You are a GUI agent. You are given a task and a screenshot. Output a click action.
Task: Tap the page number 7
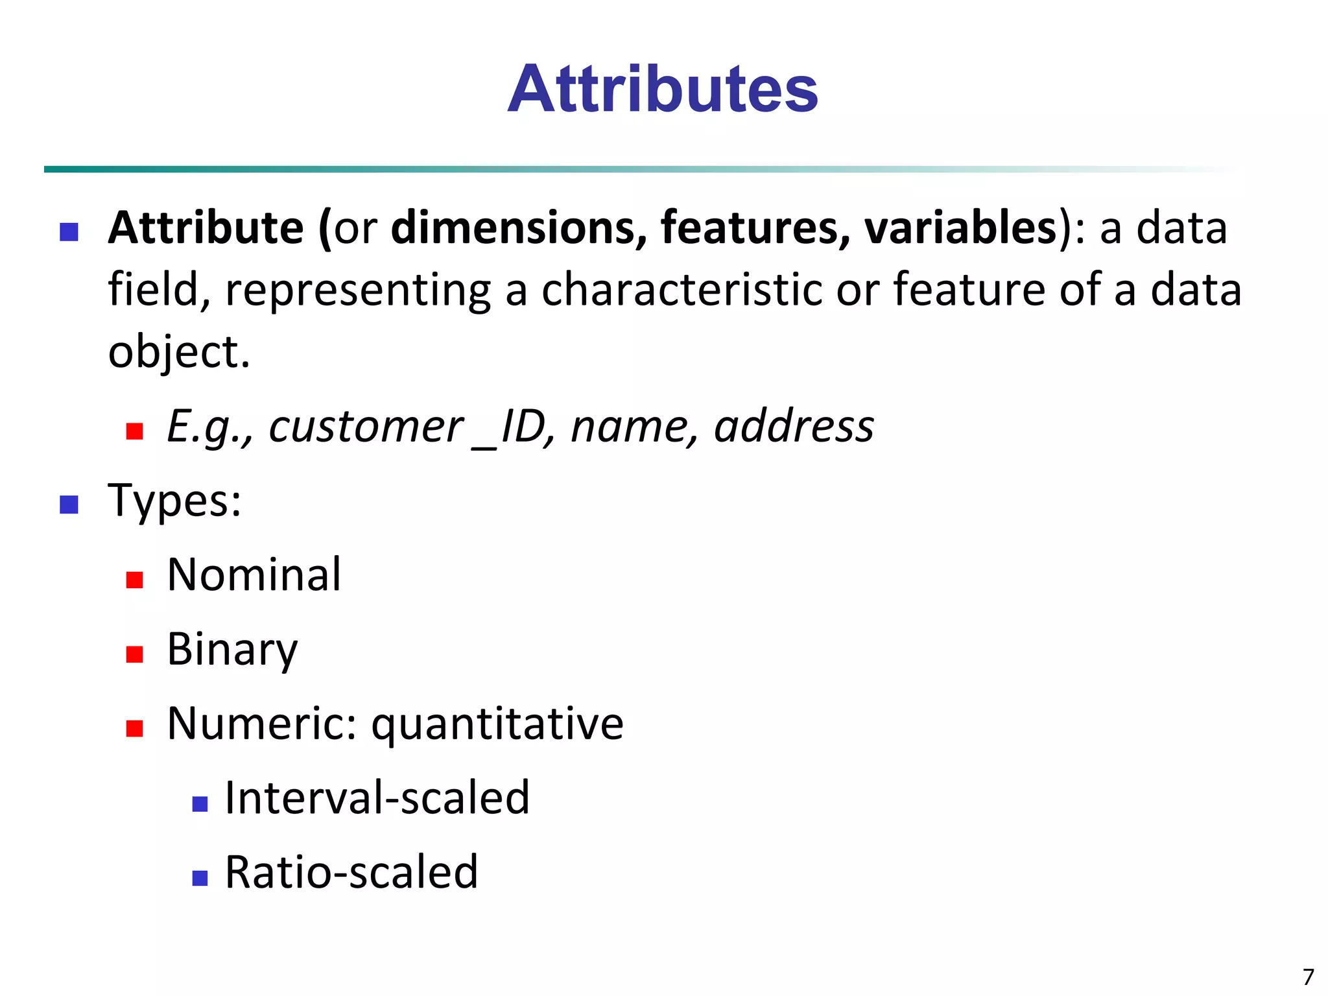pos(1308,977)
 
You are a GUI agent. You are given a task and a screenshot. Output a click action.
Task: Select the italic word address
pos(794,427)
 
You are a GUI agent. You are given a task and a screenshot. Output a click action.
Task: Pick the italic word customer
pos(366,427)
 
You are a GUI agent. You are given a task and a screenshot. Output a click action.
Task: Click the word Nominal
pos(254,575)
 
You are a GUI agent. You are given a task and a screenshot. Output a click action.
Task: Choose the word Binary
pos(232,649)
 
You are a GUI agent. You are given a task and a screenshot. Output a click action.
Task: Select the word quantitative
pos(497,724)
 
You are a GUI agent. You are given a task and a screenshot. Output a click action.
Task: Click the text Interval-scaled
pos(377,798)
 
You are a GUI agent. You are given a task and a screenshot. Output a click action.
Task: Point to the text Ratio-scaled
pos(351,872)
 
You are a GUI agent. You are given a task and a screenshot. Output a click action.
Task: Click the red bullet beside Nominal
pos(134,579)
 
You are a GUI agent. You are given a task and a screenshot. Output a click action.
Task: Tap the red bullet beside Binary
pos(134,654)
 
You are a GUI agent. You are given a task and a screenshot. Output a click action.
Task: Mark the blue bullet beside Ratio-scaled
pos(200,878)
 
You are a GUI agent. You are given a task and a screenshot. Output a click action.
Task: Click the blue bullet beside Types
pos(69,504)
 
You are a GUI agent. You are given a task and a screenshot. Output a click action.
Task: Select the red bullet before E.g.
pos(134,431)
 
